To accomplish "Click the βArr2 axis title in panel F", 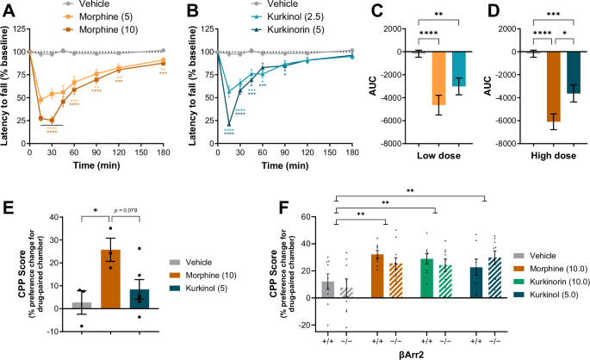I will (x=409, y=353).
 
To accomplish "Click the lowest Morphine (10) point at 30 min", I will (x=53, y=120).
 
